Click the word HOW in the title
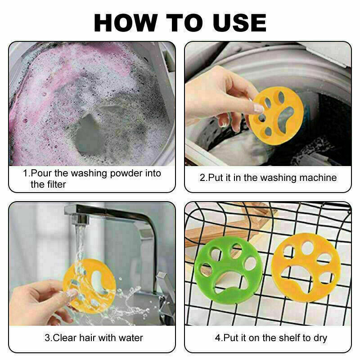[126, 23]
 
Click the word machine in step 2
[318, 178]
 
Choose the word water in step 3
[131, 338]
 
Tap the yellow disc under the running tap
[89, 286]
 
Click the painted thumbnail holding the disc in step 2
[259, 108]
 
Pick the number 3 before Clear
[47, 338]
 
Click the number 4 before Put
[218, 338]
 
